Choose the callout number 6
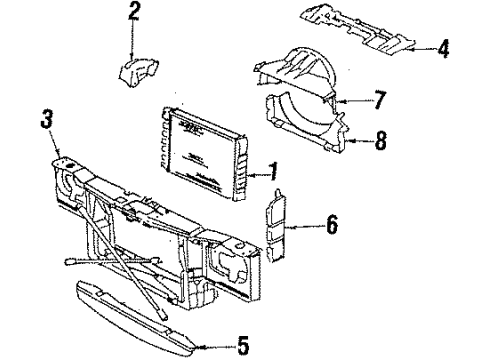point(331,227)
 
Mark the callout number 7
point(378,100)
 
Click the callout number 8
point(380,142)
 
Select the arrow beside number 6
point(306,228)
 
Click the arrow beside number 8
point(359,142)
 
